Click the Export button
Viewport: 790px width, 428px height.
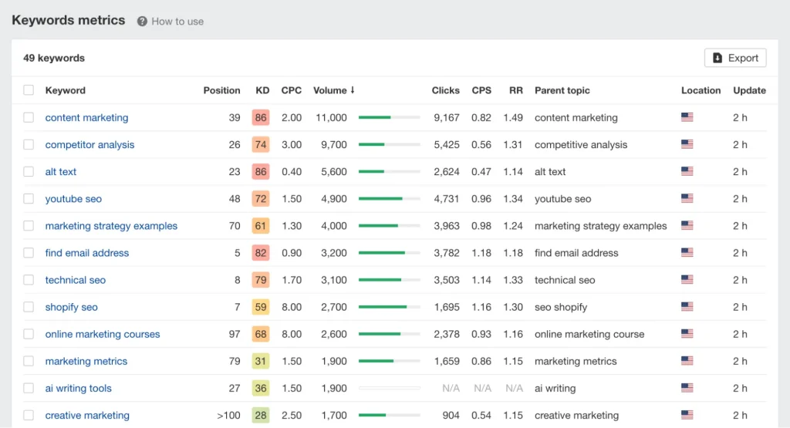point(735,58)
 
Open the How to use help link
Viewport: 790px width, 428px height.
point(170,22)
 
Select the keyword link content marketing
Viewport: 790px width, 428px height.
point(86,118)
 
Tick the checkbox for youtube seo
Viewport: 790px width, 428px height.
point(29,199)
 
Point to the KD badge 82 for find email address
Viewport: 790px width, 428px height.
point(261,253)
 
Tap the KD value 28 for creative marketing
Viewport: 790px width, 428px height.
point(261,416)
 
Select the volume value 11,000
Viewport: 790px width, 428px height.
point(331,118)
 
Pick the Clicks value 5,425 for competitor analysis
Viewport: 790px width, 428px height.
point(446,145)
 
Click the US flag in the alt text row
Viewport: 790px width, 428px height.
point(687,172)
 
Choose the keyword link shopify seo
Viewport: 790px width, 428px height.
point(71,307)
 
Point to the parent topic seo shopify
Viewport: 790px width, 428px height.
point(561,307)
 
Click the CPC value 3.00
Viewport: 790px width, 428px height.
point(292,145)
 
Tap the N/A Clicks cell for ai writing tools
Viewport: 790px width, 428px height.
point(451,389)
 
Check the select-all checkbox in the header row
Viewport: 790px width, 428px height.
point(29,90)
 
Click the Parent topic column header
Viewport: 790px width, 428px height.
point(562,90)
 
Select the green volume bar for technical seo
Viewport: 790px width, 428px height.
point(380,280)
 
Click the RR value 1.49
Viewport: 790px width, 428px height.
point(513,118)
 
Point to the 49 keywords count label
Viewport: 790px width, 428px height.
point(54,58)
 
